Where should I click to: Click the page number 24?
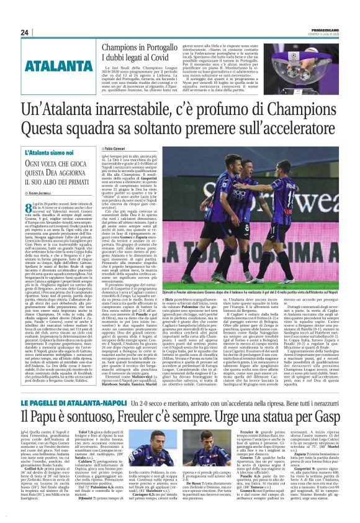point(25,32)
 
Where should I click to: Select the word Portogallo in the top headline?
point(164,47)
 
